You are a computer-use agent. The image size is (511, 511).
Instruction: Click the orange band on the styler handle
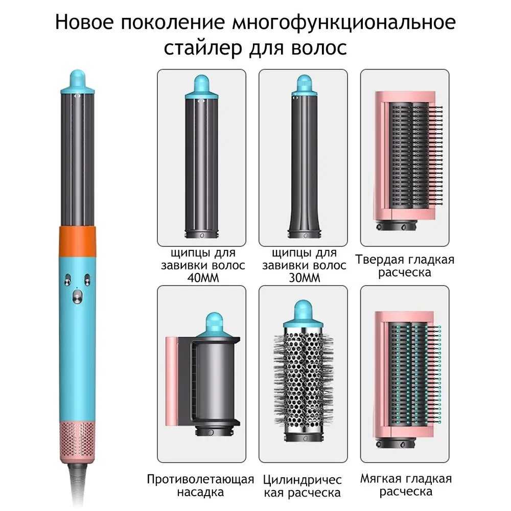point(78,240)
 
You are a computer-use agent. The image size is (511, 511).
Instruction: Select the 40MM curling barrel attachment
point(201,156)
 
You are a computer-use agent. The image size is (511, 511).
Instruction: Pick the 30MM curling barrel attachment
point(304,156)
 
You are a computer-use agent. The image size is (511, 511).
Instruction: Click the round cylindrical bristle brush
point(304,371)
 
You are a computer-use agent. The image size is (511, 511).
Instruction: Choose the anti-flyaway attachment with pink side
point(203,375)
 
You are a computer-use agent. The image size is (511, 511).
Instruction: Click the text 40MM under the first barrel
point(203,278)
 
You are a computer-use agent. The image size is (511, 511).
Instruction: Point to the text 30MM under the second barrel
point(305,278)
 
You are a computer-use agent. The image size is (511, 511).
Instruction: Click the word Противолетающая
point(200,479)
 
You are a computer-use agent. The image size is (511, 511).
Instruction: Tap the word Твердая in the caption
point(378,260)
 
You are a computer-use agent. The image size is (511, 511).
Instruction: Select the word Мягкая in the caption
point(380,479)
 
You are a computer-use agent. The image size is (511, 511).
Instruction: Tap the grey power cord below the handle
point(78,485)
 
